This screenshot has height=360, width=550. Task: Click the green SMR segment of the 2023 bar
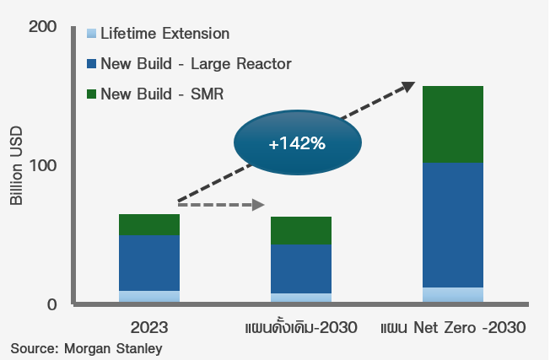149,224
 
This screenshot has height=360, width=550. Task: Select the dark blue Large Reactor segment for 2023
149,263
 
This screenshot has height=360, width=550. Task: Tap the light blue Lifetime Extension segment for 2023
149,296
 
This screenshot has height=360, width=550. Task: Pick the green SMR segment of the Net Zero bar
452,124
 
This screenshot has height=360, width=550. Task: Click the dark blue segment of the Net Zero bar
452,225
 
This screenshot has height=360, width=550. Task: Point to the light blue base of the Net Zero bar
452,294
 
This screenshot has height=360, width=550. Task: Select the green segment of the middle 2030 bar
301,230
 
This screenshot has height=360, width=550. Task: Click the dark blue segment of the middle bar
301,269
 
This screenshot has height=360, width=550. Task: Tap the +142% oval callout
296,143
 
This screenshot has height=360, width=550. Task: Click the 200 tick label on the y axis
42,28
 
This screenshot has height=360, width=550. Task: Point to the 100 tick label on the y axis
42,165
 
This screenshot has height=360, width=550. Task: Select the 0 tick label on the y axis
50,304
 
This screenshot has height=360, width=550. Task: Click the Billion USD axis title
17,166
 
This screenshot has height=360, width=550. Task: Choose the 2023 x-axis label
148,327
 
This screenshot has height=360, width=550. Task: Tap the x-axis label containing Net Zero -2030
453,327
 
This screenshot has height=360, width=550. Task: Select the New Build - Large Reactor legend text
196,63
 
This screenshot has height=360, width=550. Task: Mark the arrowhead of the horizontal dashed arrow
260,205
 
